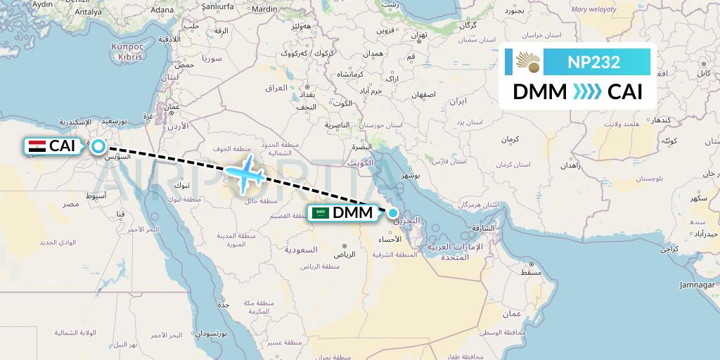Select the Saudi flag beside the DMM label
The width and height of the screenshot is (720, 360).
(x=321, y=213)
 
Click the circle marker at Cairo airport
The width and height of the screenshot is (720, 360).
(x=98, y=146)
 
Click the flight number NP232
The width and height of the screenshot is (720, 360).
(x=594, y=63)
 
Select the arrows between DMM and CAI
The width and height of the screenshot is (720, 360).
(x=587, y=92)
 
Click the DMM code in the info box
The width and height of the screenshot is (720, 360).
(x=539, y=92)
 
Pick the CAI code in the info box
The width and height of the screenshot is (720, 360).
(x=625, y=92)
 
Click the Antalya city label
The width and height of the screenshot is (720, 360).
(x=88, y=11)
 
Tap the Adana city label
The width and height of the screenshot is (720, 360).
(x=162, y=10)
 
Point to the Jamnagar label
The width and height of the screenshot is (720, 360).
(x=695, y=285)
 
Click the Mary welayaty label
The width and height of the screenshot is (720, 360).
(x=593, y=10)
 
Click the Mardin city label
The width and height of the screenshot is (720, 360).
(x=264, y=9)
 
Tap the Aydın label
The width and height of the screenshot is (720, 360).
(x=43, y=4)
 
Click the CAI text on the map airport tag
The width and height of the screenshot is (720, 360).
(x=62, y=146)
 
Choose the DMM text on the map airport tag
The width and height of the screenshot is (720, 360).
(x=353, y=213)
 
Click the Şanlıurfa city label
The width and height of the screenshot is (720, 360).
(x=217, y=9)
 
